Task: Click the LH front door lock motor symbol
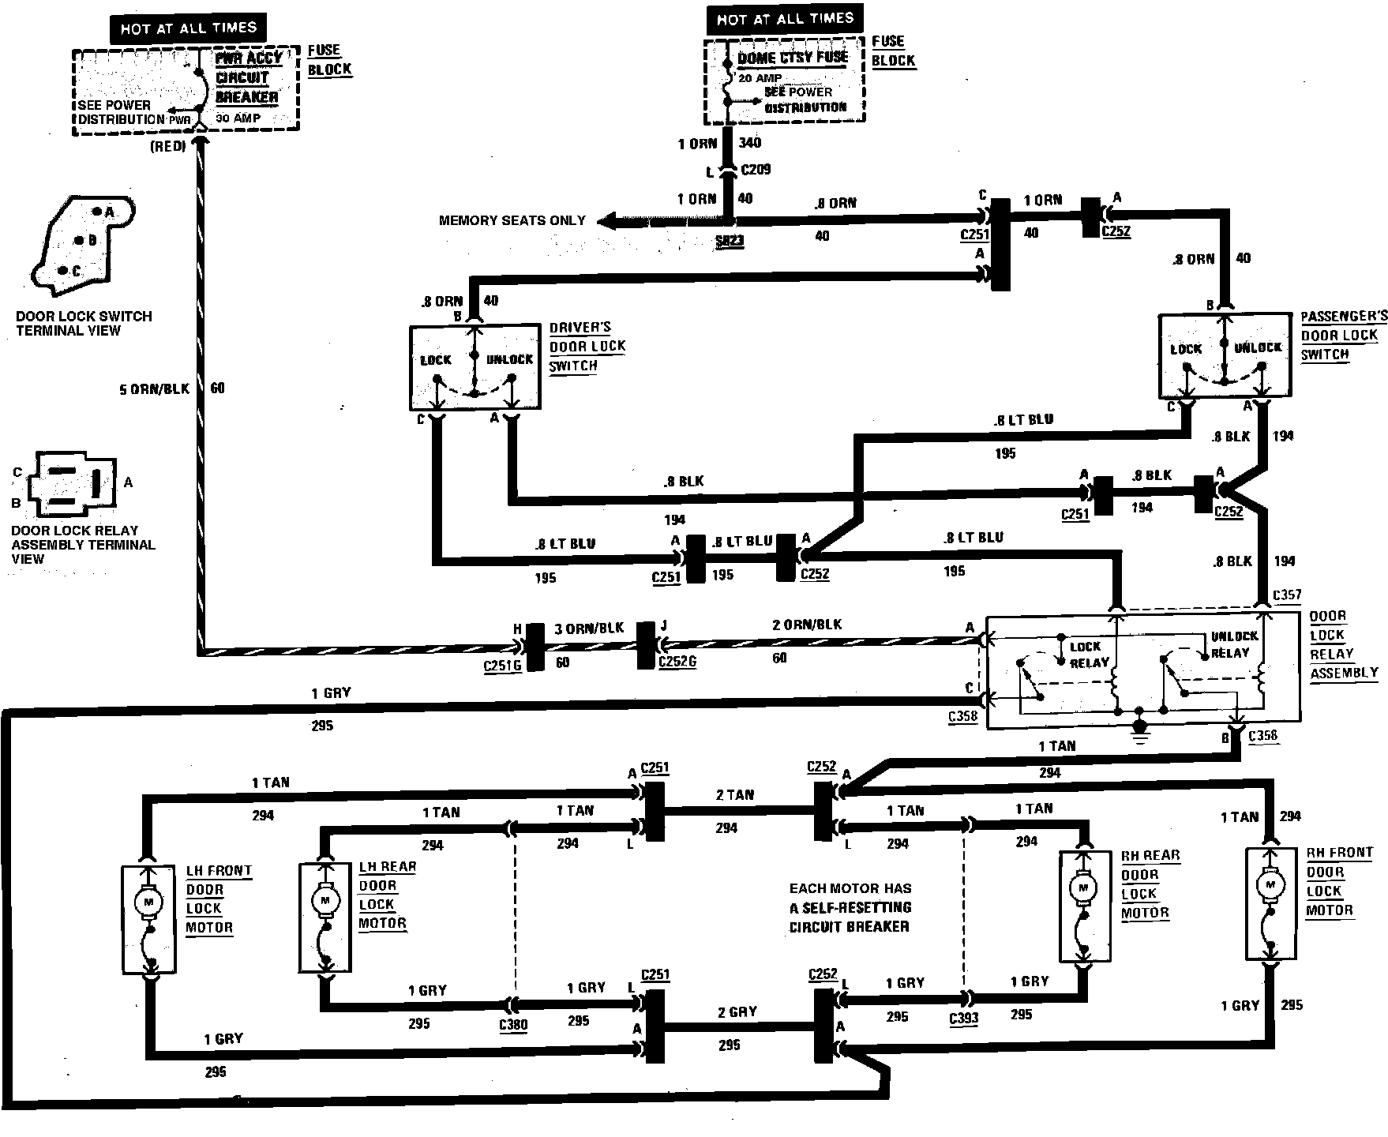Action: tap(148, 900)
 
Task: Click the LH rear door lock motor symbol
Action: tap(324, 899)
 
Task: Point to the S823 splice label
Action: tap(730, 242)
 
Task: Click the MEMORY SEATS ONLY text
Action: tap(512, 221)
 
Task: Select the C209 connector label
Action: tap(756, 170)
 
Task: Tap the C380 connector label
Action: tap(513, 1025)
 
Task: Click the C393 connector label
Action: tap(964, 1018)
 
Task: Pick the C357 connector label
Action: tap(1287, 595)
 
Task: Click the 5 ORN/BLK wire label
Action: tap(154, 389)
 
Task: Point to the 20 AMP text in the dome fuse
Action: tap(760, 78)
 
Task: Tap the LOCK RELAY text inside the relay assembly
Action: tap(1089, 655)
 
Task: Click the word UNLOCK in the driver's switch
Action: tap(509, 360)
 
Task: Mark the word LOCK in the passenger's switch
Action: tap(1185, 349)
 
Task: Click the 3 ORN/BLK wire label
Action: tap(589, 629)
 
